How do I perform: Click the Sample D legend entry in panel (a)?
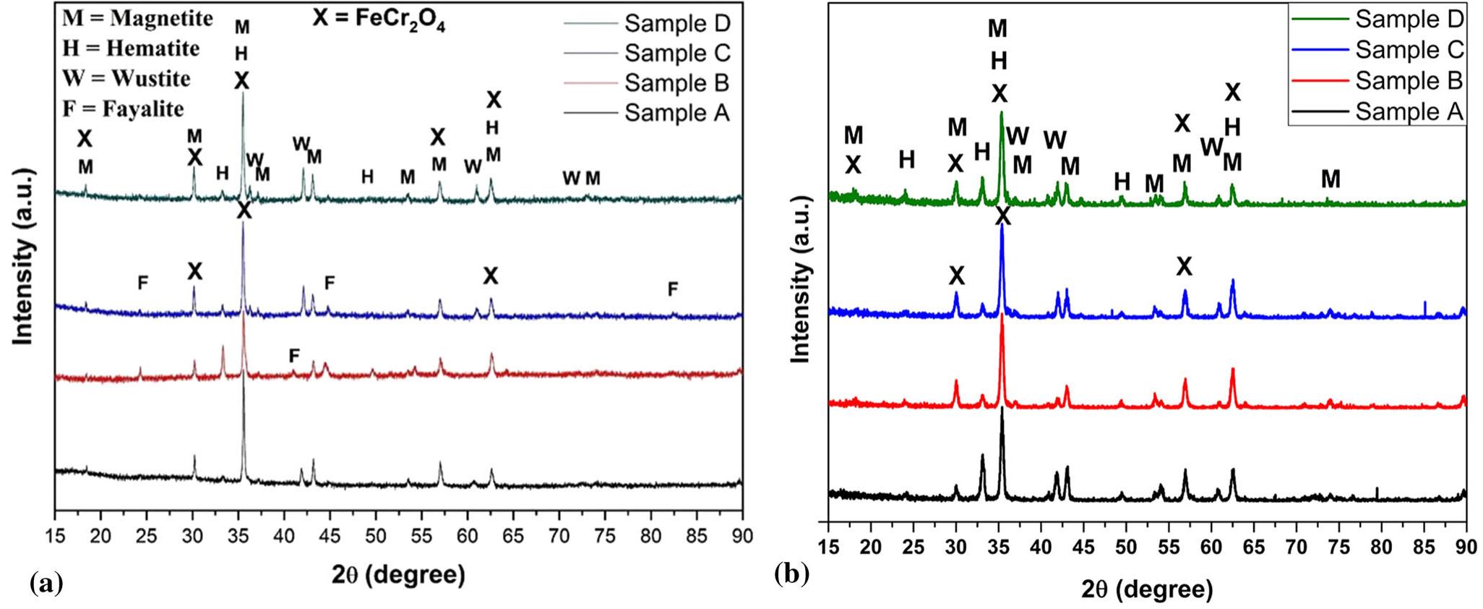[x=677, y=24]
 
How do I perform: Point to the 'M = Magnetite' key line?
[x=137, y=17]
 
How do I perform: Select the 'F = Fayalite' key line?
[x=123, y=108]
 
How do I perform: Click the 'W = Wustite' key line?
[x=126, y=78]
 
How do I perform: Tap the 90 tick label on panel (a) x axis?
[x=742, y=536]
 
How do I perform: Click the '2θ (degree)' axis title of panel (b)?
[x=1147, y=589]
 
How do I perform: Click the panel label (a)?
[x=46, y=583]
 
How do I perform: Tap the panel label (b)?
[x=792, y=574]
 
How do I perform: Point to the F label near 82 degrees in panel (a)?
[x=673, y=289]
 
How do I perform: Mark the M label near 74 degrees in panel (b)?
[x=1330, y=179]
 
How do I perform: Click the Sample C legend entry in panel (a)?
[x=677, y=54]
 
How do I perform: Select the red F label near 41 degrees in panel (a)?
[x=293, y=355]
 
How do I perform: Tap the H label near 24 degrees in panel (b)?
[x=906, y=159]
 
